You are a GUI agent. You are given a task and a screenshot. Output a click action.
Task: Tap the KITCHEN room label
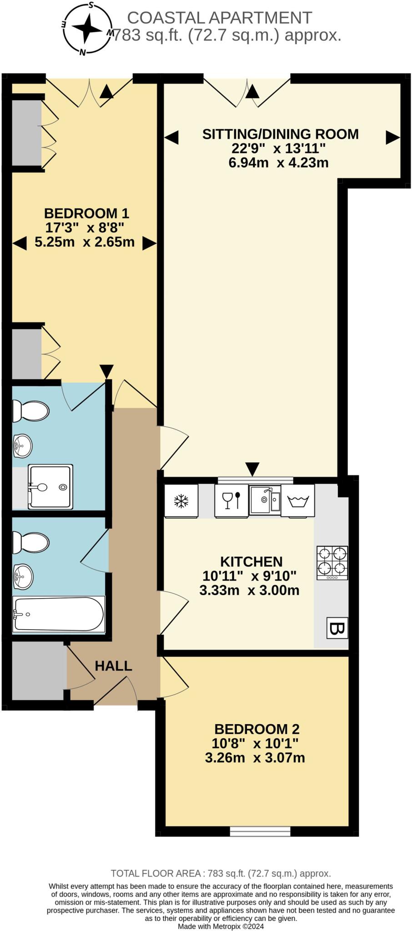(x=251, y=561)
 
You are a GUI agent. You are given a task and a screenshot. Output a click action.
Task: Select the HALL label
(x=113, y=666)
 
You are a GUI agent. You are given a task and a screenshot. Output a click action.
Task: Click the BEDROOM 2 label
(x=257, y=729)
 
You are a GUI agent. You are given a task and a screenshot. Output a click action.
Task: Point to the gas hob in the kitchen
(x=332, y=563)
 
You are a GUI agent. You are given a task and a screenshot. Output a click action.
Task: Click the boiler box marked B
(x=337, y=629)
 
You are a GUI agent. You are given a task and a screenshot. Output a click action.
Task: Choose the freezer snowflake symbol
(x=181, y=501)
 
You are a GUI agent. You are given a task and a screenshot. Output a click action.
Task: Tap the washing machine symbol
(x=298, y=501)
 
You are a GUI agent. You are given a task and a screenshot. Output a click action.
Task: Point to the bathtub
(x=59, y=614)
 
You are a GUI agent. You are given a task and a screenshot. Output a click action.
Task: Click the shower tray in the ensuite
(x=50, y=487)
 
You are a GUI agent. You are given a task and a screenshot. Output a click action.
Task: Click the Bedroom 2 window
(x=260, y=831)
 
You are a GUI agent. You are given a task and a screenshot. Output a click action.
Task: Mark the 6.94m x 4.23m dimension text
(x=278, y=162)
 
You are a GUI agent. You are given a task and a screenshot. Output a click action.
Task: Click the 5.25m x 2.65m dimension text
(x=85, y=242)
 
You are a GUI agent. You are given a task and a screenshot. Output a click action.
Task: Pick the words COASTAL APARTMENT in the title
(x=219, y=18)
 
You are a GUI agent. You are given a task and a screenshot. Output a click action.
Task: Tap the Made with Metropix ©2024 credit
(x=221, y=926)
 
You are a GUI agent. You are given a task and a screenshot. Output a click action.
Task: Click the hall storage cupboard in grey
(x=39, y=671)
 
